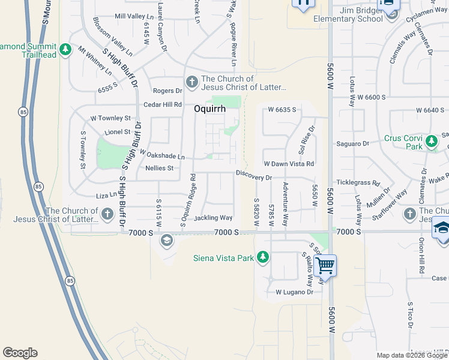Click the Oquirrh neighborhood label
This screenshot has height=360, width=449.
click(209, 109)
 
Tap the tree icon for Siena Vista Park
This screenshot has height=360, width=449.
click(262, 257)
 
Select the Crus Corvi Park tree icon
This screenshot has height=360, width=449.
click(431, 142)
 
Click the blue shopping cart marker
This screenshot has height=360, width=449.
click(325, 265)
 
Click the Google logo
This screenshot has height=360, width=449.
click(20, 353)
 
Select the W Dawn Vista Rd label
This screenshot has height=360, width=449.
click(289, 164)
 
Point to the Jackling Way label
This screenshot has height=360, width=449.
click(213, 218)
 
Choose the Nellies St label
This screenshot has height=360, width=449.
click(159, 169)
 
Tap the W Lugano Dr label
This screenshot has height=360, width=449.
click(294, 292)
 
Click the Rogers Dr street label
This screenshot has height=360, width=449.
click(167, 91)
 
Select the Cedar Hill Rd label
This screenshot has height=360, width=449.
click(162, 104)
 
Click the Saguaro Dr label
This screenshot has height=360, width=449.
click(353, 143)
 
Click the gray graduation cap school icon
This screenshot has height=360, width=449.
click(166, 241)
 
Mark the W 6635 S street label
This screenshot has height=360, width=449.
click(284, 110)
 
